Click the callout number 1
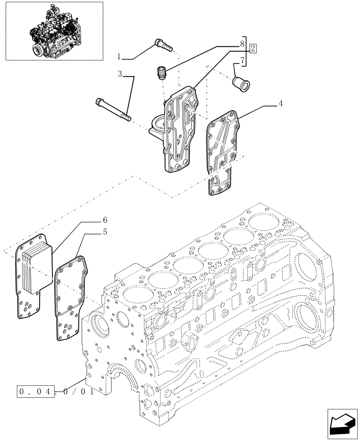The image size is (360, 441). pos(119,56)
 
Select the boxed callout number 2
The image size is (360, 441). pos(252,49)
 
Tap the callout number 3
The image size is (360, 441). pos(120,73)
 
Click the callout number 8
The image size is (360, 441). pos(242,44)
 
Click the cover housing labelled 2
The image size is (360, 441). pos(181,132)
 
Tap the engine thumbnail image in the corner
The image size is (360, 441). pos(54,31)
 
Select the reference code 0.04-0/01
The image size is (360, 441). pos(55,391)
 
